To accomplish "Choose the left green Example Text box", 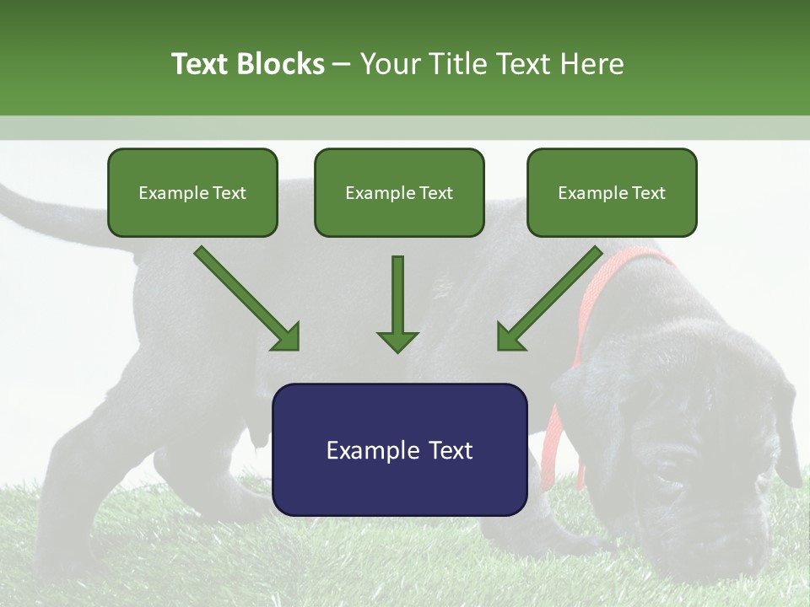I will point(192,192).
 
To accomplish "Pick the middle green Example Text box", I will point(399,192).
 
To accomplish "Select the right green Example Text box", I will point(612,192).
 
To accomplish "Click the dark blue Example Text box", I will point(399,449).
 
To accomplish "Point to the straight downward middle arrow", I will point(397,303).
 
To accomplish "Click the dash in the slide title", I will point(342,64).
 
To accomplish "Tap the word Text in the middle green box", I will point(435,193).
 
